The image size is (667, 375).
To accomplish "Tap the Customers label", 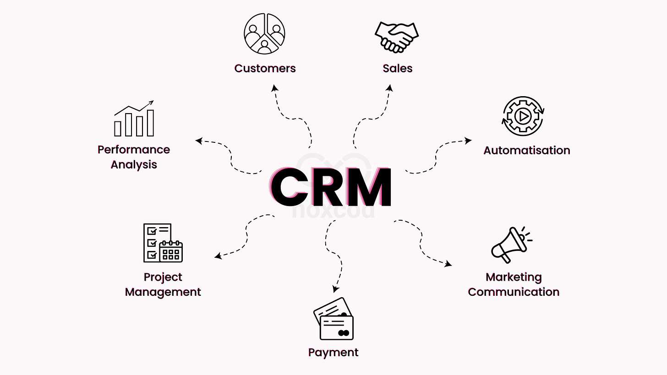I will (x=265, y=69).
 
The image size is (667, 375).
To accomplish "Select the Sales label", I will (x=397, y=69).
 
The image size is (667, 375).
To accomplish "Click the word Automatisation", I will (x=526, y=150).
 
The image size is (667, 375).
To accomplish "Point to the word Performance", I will (x=133, y=150).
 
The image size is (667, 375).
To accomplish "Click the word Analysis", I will (x=133, y=165).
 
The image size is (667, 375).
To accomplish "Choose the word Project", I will (x=163, y=277).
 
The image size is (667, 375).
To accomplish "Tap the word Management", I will (x=163, y=292).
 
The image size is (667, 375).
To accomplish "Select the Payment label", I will (x=333, y=353).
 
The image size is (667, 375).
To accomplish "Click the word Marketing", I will (x=514, y=277).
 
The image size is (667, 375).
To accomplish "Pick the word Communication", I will (x=514, y=292).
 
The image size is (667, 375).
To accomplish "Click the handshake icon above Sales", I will (x=397, y=37).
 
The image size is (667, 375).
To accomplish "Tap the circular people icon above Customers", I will (x=264, y=33).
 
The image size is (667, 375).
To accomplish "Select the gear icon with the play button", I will (x=523, y=116).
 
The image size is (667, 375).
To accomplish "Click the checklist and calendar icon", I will (x=163, y=243).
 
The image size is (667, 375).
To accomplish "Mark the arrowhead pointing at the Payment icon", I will (x=335, y=289).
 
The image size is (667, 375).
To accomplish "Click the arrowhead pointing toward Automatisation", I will (x=469, y=141).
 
